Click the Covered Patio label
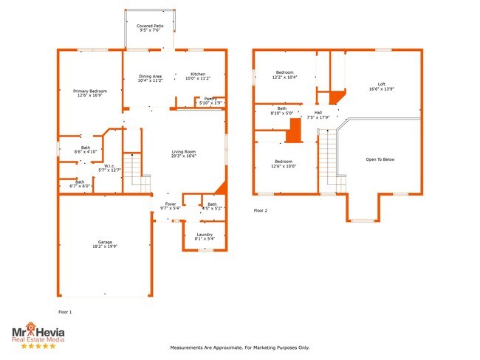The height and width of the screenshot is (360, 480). (150, 28)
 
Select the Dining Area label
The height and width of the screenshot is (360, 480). (151, 77)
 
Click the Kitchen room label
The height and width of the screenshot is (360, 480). (198, 76)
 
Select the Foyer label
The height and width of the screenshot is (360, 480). (171, 205)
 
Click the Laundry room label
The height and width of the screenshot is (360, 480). (205, 236)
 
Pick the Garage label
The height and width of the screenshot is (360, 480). (106, 243)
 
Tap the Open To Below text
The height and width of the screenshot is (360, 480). (380, 159)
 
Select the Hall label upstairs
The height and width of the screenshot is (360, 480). (318, 114)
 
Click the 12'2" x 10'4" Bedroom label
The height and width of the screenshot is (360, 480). (284, 75)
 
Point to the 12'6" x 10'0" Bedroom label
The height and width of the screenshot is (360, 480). (284, 163)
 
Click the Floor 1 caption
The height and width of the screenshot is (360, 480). (66, 312)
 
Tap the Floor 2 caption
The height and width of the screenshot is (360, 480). (261, 211)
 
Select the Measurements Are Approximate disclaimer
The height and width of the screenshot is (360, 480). (240, 347)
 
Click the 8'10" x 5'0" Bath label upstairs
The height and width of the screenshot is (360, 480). (280, 111)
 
